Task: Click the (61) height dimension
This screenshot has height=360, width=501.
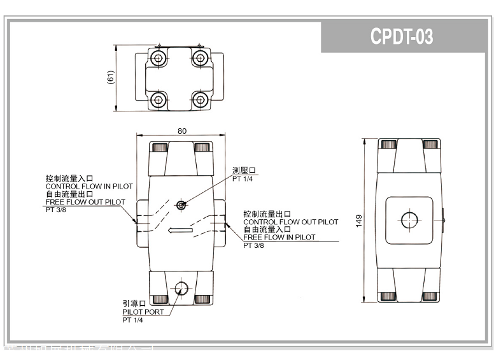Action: click(110, 77)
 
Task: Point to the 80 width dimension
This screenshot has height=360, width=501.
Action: click(182, 131)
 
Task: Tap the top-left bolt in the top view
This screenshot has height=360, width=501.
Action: click(157, 59)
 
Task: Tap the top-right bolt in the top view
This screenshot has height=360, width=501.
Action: click(201, 59)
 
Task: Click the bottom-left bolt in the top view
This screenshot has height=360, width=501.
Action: click(157, 99)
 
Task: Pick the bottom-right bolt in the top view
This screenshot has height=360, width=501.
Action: click(201, 99)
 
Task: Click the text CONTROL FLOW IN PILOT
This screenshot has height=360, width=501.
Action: click(89, 186)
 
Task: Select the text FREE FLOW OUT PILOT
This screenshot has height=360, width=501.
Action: click(85, 202)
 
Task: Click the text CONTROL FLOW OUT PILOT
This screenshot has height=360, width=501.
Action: click(290, 222)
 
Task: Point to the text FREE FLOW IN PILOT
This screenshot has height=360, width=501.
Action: click(279, 237)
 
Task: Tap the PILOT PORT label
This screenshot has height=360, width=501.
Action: click(143, 312)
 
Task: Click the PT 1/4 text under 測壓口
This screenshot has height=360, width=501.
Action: click(244, 179)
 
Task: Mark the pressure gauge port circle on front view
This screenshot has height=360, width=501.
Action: click(181, 205)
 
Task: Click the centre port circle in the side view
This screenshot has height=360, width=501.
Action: click(408, 220)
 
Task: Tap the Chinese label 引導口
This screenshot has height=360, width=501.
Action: click(134, 304)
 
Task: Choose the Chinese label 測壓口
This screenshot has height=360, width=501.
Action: click(244, 171)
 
